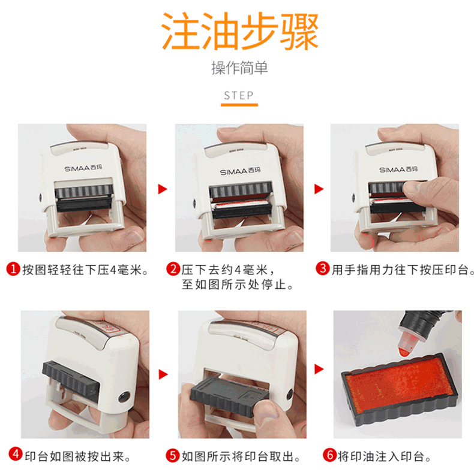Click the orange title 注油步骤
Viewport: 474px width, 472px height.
coord(239,31)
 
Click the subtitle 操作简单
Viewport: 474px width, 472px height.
coord(239,68)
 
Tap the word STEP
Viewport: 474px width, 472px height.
coord(239,95)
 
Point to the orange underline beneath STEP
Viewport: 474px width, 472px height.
coord(239,105)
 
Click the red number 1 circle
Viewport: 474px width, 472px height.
coord(13,268)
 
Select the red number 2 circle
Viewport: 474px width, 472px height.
coord(173,268)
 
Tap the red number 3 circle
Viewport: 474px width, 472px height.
coord(323,268)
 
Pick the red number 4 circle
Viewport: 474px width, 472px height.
coord(16,454)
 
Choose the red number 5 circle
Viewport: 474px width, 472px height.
coord(173,455)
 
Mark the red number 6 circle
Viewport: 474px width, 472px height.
coord(329,455)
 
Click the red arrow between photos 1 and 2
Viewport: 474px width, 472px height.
coord(163,189)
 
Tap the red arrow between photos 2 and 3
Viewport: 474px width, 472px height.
coord(319,189)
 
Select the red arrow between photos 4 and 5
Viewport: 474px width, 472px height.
coord(163,374)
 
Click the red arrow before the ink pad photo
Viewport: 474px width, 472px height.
coord(319,369)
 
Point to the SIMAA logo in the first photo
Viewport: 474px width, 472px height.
coord(83,168)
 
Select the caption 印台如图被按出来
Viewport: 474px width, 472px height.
coord(77,456)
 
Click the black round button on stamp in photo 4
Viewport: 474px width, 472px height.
coord(124,398)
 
